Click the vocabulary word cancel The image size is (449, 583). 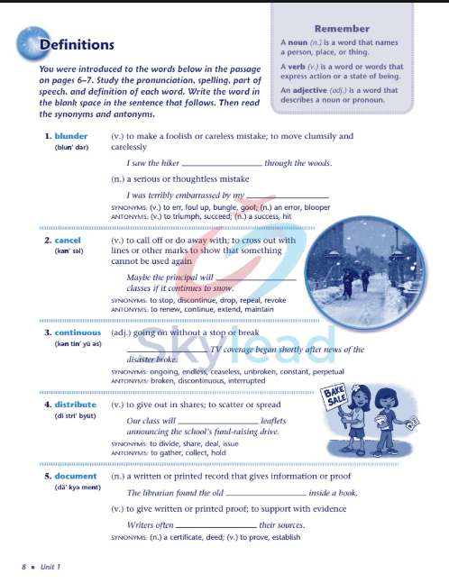[68, 241]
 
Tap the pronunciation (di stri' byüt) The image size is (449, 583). [70, 415]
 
